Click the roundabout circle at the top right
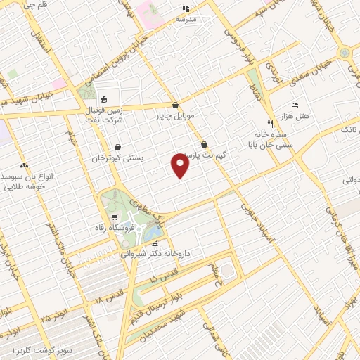click(x=344, y=53)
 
